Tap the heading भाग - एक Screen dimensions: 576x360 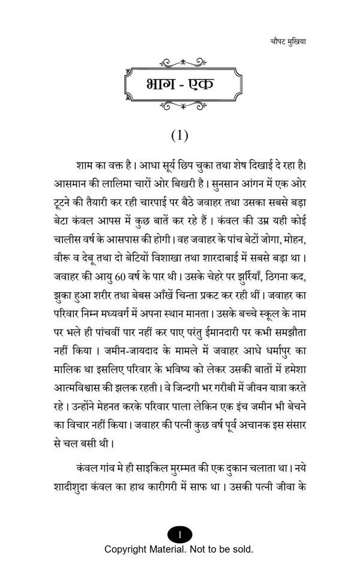click(179, 83)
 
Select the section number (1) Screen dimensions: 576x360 click(179, 135)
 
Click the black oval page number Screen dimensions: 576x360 click(179, 533)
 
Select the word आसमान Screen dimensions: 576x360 click(71, 181)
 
